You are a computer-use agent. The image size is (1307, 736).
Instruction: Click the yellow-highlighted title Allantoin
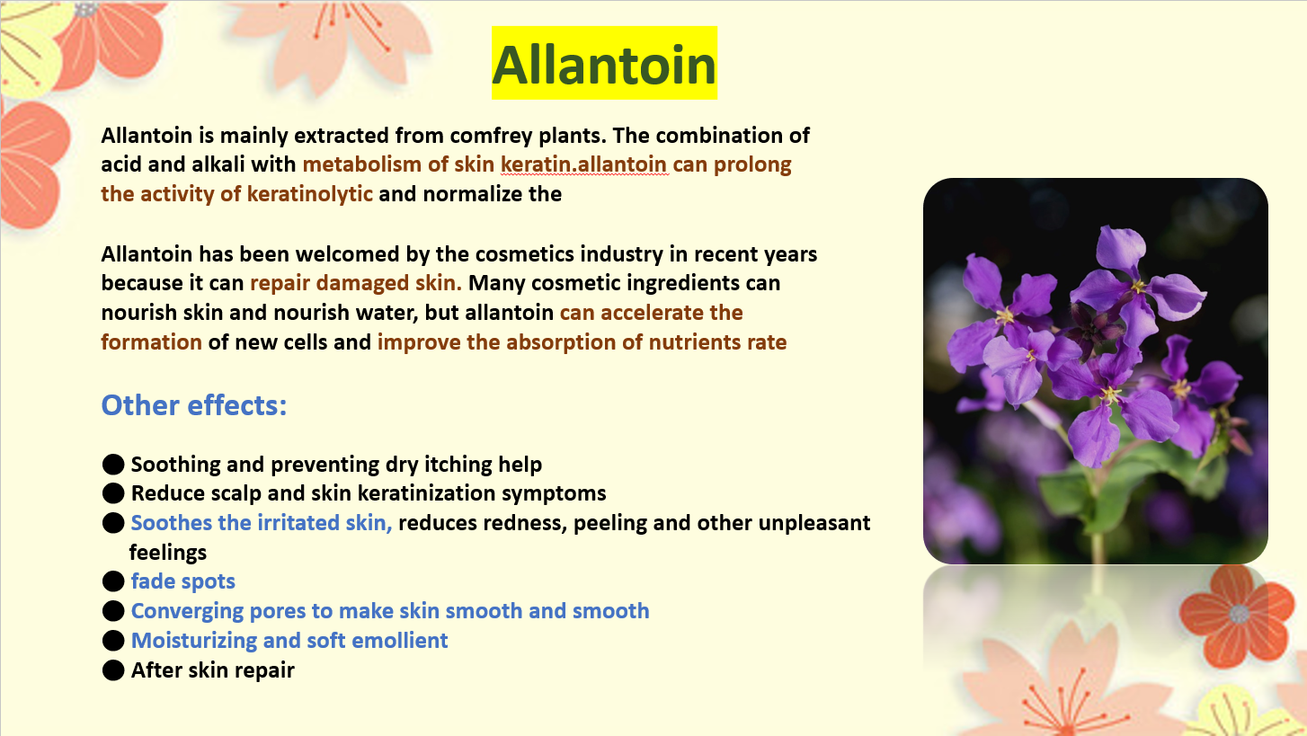point(604,64)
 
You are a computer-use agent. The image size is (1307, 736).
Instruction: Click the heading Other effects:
point(194,404)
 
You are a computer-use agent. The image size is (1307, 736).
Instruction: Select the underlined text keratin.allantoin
point(583,165)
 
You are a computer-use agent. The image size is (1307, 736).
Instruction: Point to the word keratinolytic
point(310,194)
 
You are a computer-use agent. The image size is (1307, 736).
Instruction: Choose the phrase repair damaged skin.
point(356,283)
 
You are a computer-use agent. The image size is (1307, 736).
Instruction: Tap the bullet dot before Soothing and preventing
point(113,465)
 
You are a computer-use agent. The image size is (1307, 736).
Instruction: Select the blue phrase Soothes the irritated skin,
point(262,523)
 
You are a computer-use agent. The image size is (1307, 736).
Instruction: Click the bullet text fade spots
point(183,581)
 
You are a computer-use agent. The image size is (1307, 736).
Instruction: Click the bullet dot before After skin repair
point(113,670)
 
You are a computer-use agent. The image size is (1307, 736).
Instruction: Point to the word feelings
point(168,553)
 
